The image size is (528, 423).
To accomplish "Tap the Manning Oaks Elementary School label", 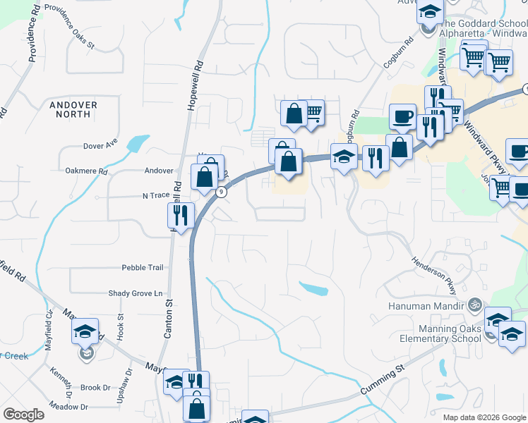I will coord(433,333).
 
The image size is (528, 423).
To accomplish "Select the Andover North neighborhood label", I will coord(73,109).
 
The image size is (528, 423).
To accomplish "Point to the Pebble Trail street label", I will coord(143,268).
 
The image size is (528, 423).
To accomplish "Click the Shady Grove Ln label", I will coord(135,293).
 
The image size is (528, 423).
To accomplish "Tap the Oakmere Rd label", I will coord(85,171).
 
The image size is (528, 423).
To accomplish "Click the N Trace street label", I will coord(158,195).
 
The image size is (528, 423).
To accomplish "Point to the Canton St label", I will coord(169,319).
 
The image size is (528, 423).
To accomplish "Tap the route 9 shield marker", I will coord(222,192).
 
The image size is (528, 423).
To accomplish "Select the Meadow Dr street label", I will coord(68,407).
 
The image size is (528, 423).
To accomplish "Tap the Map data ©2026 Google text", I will coord(484,417).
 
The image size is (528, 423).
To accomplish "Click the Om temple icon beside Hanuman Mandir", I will coord(475,305).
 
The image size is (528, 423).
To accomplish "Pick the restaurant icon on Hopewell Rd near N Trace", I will coord(181,215).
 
